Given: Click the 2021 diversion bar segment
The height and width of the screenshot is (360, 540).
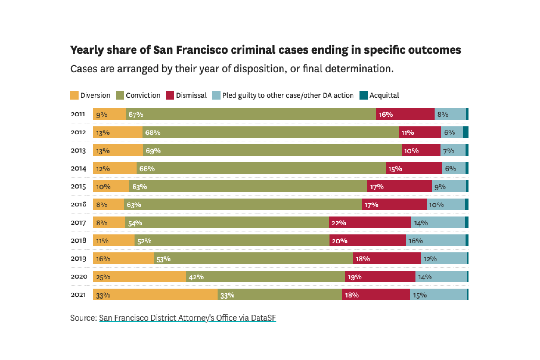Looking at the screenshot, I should tap(155, 295).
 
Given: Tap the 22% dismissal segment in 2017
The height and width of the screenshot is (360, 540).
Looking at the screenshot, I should tap(370, 223).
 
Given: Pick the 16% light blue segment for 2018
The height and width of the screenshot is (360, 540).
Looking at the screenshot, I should tap(436, 240).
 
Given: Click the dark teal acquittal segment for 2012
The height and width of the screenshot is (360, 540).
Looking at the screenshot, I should tap(466, 132).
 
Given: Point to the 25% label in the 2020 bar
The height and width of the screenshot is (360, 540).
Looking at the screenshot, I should tap(103, 277).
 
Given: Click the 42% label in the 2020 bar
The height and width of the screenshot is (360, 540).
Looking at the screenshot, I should tap(196, 277).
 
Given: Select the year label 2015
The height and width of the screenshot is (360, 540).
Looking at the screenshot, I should tap(78, 186).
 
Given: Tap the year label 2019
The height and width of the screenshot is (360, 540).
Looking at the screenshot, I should tap(78, 258).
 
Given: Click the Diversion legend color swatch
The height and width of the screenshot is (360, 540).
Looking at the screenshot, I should tap(74, 95).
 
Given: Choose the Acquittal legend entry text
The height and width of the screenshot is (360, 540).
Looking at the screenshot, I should tap(384, 95).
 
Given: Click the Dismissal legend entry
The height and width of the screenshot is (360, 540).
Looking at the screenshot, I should tap(191, 95).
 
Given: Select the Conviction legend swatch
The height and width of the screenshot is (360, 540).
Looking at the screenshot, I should tap(120, 95).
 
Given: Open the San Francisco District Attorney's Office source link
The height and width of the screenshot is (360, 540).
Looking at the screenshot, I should tap(187, 318).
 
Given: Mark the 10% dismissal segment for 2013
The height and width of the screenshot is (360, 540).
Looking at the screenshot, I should tap(421, 150).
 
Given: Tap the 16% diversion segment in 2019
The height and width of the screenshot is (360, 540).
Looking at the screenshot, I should tap(123, 258).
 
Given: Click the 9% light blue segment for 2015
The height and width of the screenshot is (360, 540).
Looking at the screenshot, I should tap(449, 186).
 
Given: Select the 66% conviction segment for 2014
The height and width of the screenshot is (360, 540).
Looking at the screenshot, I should tap(261, 168).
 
